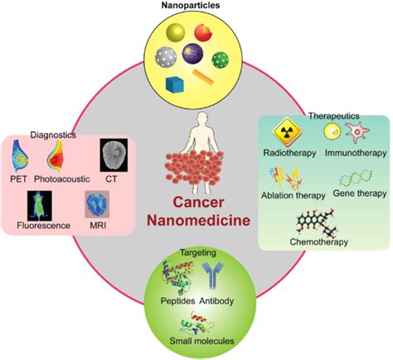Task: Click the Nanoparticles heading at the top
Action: click(196, 6)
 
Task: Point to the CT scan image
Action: click(114, 155)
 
